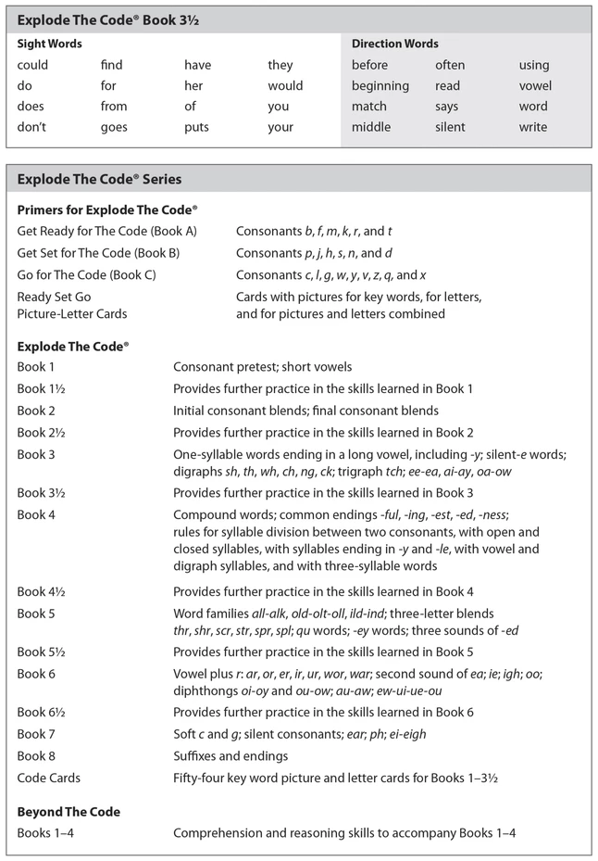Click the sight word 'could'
pos(32,66)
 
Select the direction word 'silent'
pos(450,127)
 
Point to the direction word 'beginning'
pos(380,86)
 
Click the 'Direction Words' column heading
pos(395,44)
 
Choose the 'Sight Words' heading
pos(50,44)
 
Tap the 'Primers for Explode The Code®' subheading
pos(107,210)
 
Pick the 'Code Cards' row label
pos(48,778)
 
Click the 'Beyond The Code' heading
pos(69,812)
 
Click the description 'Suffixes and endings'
pos(230,756)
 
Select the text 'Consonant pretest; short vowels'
pos(262,367)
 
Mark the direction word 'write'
pos(532,127)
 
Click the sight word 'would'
pos(285,86)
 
